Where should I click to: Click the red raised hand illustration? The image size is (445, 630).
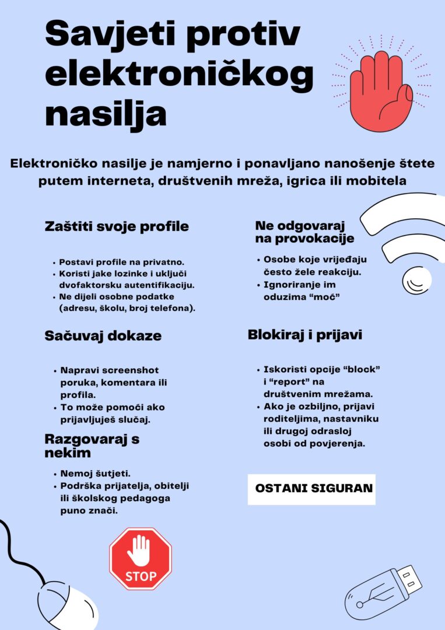point(380,87)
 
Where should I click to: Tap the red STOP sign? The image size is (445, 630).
point(141,559)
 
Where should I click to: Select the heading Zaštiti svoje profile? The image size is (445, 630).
point(117,227)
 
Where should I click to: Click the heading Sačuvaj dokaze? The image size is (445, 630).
point(103,336)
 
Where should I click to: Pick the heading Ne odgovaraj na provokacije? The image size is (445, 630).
point(304,232)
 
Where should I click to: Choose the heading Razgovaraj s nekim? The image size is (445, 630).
point(92,446)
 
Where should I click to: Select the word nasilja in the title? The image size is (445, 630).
point(106,113)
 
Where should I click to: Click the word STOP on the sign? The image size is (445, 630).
point(141,576)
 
